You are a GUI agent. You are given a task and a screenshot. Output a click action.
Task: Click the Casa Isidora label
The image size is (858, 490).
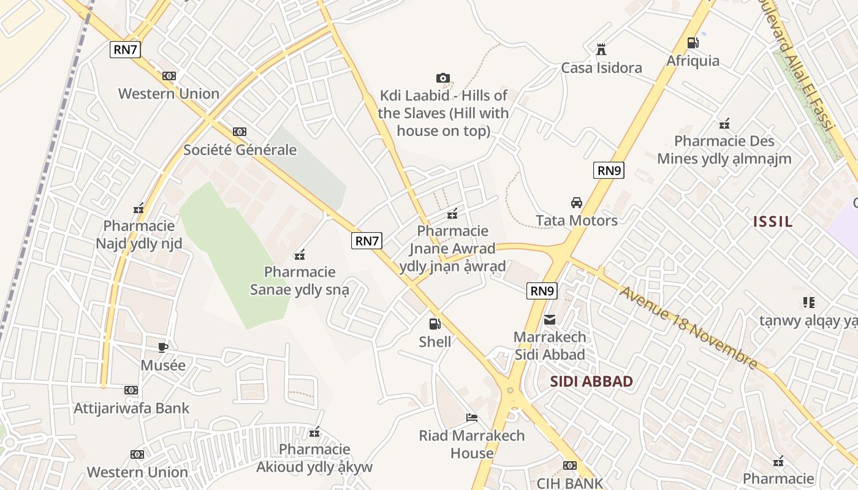601,68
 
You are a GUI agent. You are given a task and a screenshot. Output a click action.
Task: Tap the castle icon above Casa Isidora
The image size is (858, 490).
601,49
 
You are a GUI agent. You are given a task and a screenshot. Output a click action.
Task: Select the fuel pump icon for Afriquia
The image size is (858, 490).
693,42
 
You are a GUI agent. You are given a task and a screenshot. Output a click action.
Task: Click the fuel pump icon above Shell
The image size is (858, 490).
435,323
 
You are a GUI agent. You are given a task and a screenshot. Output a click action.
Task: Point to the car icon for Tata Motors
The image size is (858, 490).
576,202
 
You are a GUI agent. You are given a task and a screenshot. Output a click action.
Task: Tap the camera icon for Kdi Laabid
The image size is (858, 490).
442,78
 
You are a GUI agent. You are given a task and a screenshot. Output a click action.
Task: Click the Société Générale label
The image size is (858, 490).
240,150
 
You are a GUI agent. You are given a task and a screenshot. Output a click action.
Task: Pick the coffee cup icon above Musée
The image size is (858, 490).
162,347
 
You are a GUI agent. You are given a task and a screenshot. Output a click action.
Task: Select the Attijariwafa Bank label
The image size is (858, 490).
131,408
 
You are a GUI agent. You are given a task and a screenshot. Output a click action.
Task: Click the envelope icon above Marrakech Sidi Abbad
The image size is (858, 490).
550,319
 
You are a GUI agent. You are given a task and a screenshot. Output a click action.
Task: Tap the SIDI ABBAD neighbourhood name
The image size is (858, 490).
591,382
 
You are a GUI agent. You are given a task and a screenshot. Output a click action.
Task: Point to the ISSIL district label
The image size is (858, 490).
772,222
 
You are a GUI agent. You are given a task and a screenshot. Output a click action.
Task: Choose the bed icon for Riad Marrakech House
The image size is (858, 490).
471,418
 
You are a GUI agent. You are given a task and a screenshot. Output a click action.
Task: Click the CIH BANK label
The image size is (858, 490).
569,483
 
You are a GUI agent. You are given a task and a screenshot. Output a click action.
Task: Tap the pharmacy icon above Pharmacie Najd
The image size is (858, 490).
139,208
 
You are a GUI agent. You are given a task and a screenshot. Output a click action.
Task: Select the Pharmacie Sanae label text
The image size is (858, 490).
299,281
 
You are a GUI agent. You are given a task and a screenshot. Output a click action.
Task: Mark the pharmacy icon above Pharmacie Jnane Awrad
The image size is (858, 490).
452,214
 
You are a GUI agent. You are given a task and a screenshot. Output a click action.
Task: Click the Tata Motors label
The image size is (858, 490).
576,221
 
